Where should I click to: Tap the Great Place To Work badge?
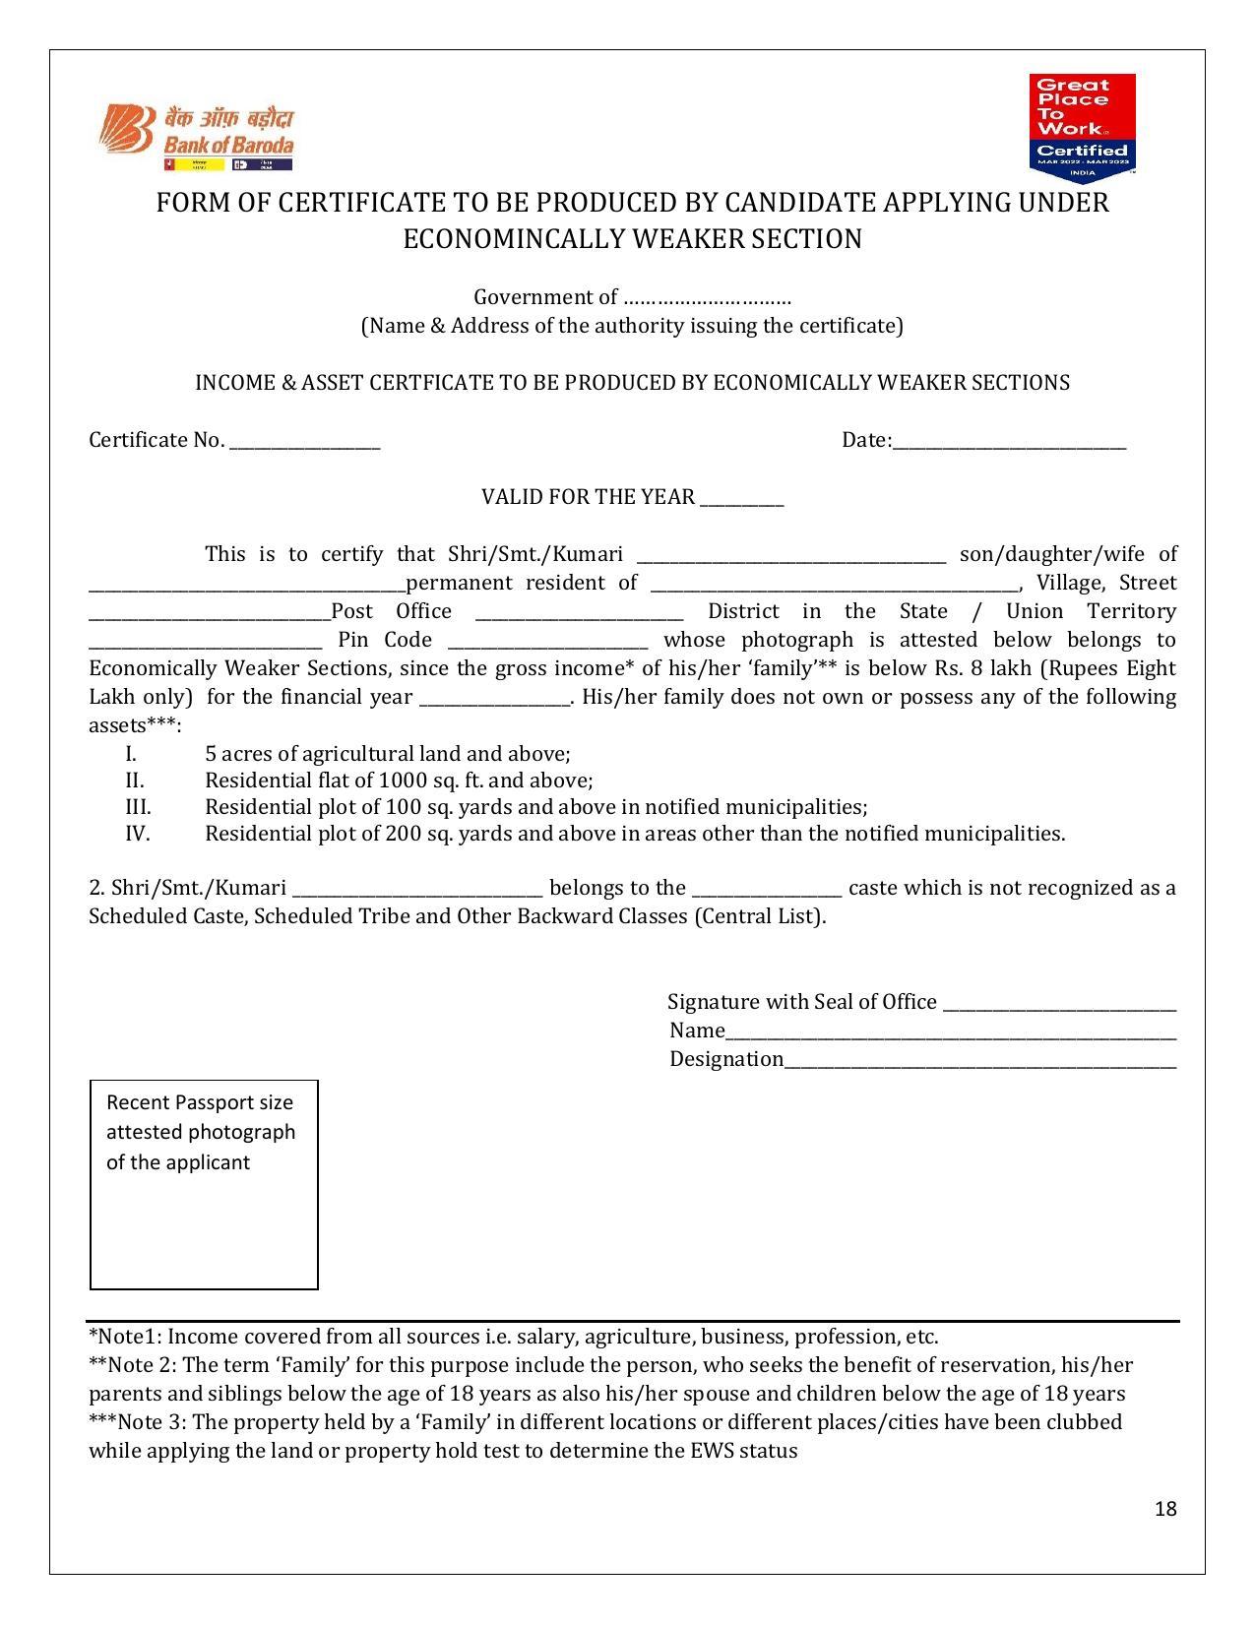tap(1082, 127)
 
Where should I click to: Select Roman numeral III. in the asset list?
tap(138, 807)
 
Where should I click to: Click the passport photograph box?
tap(204, 1184)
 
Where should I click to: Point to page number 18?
tap(1165, 1509)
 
